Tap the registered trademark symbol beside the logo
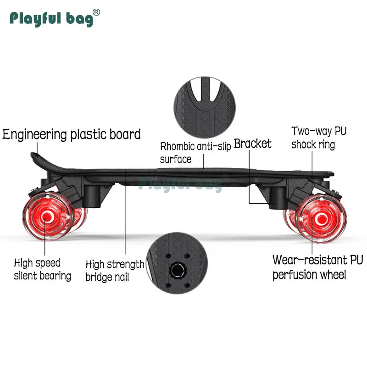[x=96, y=11]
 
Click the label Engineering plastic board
[x=72, y=134]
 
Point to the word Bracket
[x=252, y=144]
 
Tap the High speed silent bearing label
[x=42, y=269]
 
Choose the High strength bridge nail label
[x=115, y=271]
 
